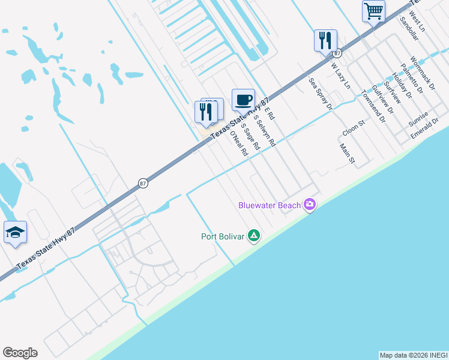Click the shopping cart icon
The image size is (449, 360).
(373, 11)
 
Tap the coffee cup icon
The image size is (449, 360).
(243, 100)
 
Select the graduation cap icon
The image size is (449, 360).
(15, 232)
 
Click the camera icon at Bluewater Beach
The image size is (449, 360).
(310, 205)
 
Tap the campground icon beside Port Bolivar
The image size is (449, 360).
(254, 236)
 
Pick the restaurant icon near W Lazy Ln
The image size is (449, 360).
(325, 40)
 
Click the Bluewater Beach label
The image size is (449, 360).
(270, 205)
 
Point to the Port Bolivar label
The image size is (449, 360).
(222, 236)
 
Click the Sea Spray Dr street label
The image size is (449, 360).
(320, 94)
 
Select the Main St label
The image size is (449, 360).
(347, 154)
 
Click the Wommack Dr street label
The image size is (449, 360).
(420, 73)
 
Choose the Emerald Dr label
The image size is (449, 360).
(427, 130)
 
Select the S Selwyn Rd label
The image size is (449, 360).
(264, 131)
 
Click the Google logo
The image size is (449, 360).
(20, 353)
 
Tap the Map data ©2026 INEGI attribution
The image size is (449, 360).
(414, 355)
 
